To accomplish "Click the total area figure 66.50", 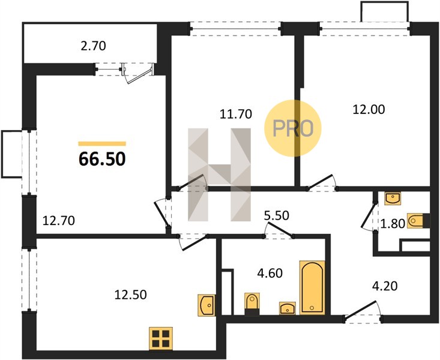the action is [102, 159].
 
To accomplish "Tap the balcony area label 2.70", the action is [93, 46].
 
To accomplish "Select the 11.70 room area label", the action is [236, 114].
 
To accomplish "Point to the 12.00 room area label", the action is [369, 109].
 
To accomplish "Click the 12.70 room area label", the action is [59, 221].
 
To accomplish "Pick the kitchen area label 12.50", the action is [130, 295].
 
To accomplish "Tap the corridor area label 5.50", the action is [277, 215].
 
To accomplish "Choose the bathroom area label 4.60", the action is [270, 273].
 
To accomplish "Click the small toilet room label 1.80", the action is [393, 224].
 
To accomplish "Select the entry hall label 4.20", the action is [385, 286].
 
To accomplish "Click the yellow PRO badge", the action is [293, 128].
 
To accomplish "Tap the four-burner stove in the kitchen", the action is [161, 338].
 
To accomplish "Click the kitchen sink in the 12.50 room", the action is [206, 305].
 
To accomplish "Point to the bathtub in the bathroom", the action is [312, 287].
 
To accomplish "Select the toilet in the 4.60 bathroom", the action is [252, 304].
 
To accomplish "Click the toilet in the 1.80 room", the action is [418, 221].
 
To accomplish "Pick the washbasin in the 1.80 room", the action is [393, 199].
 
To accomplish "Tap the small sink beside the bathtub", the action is [288, 308].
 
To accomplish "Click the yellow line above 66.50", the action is [102, 143].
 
